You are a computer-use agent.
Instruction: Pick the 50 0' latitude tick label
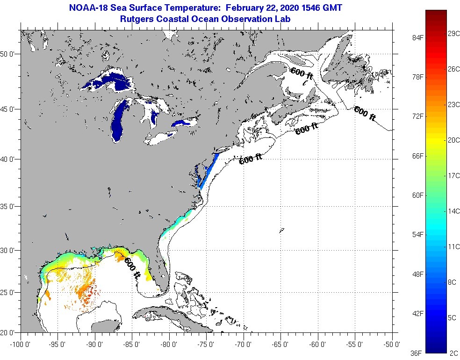9,54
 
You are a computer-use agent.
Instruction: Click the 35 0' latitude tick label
9,206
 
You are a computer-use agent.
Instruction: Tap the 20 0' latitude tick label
9,332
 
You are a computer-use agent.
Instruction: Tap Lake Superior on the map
108,79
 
